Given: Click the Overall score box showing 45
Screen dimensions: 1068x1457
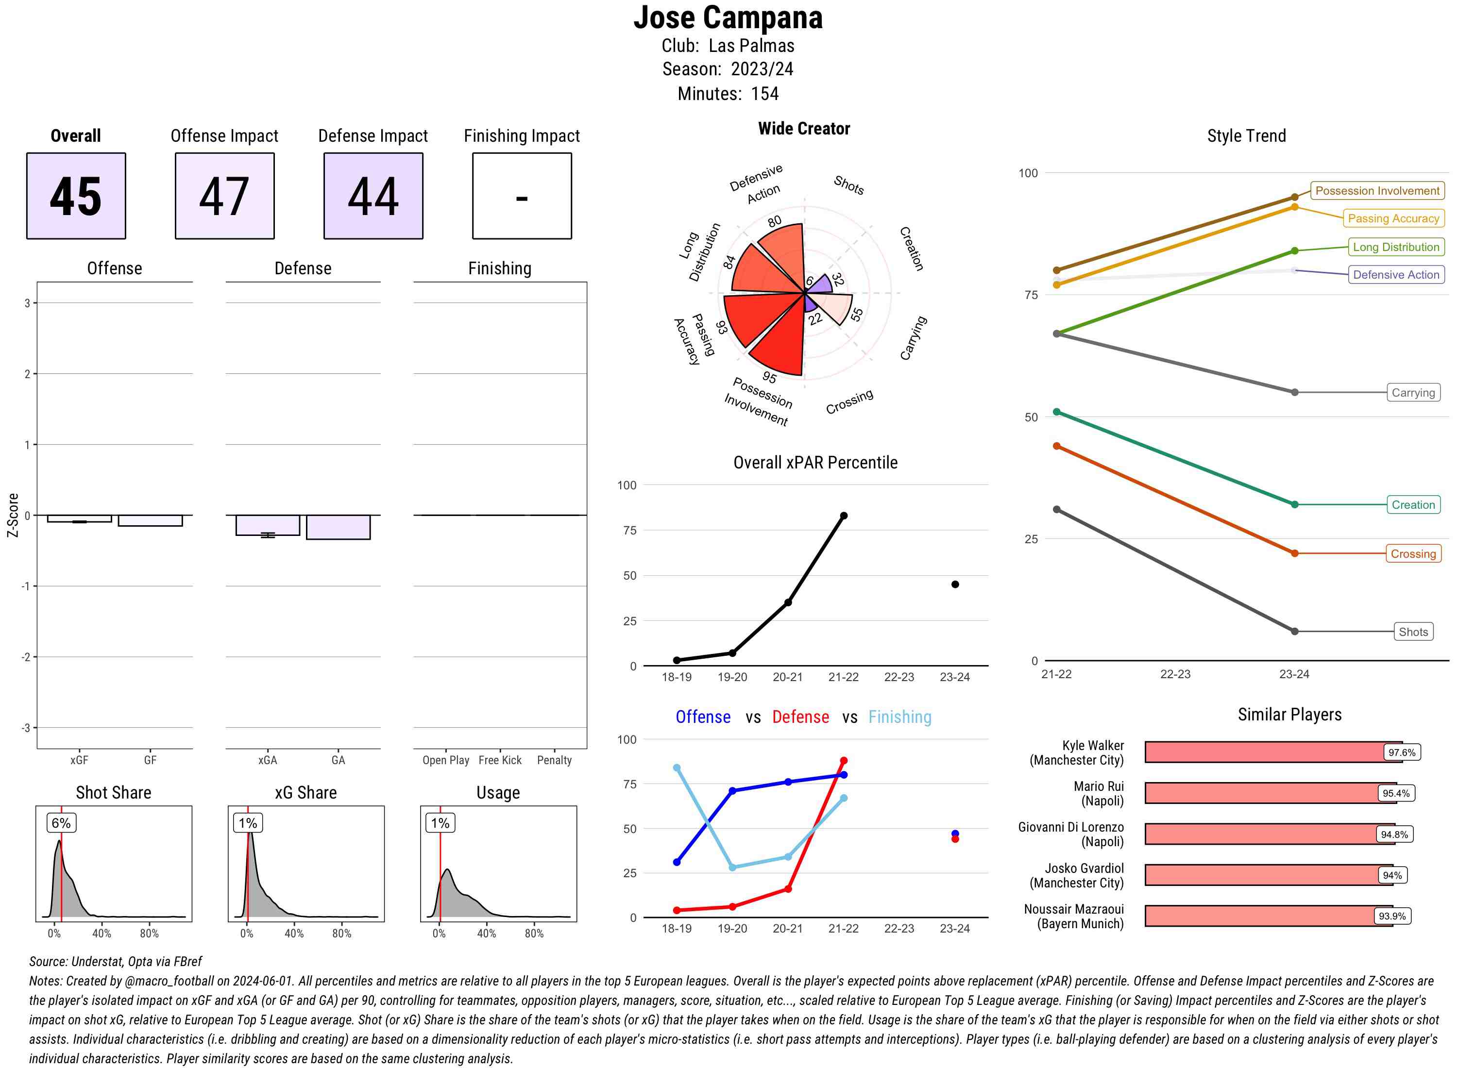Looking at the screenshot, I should click(76, 196).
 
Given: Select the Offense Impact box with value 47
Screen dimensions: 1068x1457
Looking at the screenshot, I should click(224, 196).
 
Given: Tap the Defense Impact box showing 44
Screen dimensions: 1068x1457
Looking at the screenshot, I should click(373, 196).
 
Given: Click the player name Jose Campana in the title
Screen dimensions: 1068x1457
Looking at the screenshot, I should click(728, 17).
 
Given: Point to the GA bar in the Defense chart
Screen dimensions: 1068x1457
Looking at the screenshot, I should click(338, 527).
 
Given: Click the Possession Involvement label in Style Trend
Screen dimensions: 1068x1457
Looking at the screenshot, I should click(1377, 191).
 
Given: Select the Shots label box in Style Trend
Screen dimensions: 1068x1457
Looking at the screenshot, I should click(1412, 632).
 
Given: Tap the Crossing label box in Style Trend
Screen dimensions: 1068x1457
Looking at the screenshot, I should click(1412, 553).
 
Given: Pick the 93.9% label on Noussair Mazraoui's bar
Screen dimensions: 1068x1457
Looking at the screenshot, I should click(1392, 916).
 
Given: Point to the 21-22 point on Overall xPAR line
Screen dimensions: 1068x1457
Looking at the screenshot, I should click(843, 516).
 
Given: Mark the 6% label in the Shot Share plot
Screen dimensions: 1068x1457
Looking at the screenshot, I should click(61, 823).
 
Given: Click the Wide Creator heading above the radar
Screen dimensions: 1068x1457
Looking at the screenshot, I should click(804, 129).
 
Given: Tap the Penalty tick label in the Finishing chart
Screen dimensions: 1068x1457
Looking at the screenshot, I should click(554, 760).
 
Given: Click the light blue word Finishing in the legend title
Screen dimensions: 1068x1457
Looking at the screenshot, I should click(899, 717).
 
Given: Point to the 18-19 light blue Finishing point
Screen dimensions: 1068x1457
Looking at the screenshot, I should click(677, 768).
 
